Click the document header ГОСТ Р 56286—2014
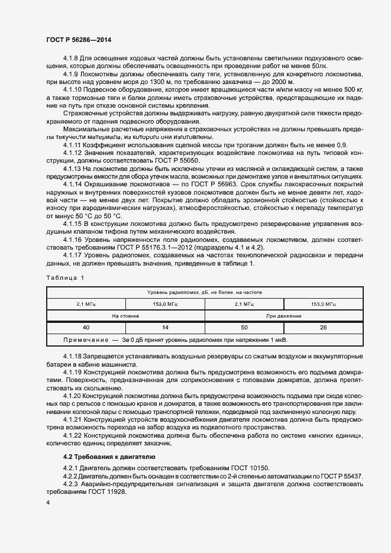click(78, 40)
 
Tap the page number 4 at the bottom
click(48, 502)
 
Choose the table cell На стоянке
click(125, 316)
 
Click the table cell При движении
click(284, 316)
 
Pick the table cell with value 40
click(86, 328)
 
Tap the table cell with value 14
click(165, 328)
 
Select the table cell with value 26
click(324, 328)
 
